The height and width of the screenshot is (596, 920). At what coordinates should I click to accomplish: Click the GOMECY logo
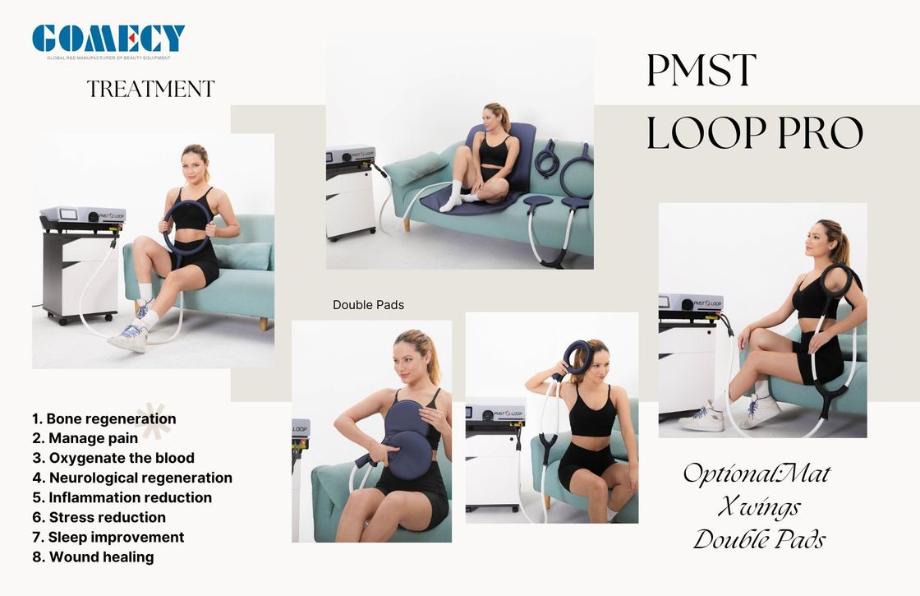tap(108, 41)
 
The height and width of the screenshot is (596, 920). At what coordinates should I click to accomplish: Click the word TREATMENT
tap(151, 89)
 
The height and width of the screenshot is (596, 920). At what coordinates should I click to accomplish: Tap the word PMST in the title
tap(701, 71)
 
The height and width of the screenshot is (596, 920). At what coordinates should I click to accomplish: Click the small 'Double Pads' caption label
tap(369, 305)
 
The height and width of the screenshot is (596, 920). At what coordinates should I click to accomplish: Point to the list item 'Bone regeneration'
tap(103, 418)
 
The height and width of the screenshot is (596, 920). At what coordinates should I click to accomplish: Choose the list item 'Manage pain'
tap(85, 438)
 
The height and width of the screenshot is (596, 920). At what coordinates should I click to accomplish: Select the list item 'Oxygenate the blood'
tap(113, 458)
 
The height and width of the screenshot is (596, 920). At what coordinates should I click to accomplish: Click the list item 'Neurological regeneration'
tap(132, 478)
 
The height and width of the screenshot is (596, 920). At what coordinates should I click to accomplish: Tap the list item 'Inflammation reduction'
tap(122, 497)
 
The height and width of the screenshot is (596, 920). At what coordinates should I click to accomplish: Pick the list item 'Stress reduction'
tap(99, 517)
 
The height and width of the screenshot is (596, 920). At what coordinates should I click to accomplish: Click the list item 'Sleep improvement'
tap(108, 538)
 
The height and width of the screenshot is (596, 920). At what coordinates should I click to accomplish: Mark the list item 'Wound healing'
tap(94, 557)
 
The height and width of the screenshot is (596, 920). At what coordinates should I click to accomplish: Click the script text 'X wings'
tap(759, 506)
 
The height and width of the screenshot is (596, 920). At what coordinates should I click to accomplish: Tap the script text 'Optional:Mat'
tap(757, 474)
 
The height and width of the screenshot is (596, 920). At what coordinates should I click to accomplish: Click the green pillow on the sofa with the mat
tap(416, 168)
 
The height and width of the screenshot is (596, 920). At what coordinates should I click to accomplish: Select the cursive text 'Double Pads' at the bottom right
tap(759, 539)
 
